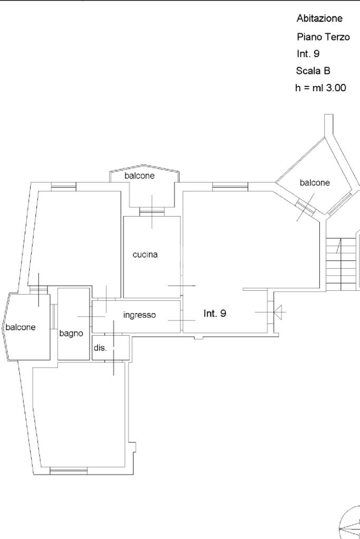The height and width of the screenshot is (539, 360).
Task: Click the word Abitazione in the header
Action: point(319,18)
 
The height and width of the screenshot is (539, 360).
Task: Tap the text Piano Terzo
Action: point(323,37)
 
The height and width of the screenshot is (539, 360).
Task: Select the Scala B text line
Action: point(313,71)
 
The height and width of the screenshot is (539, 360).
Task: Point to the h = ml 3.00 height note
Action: point(320,87)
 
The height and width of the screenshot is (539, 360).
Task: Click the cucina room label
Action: point(145,254)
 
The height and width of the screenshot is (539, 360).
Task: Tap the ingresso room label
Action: point(140,315)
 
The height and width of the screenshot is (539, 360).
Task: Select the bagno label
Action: point(71,333)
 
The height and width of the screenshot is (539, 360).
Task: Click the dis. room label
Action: point(100,348)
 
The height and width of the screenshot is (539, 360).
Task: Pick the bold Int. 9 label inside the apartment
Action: point(215,313)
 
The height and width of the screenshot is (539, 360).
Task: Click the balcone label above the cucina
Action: point(140,175)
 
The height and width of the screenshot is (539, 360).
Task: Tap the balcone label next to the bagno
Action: point(21,327)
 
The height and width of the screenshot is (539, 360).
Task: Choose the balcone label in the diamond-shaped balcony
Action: point(315,182)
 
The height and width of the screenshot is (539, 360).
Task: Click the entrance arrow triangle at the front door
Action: point(279,312)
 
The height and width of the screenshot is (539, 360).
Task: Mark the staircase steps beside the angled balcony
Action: point(340,264)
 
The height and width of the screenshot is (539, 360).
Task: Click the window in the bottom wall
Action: point(69,471)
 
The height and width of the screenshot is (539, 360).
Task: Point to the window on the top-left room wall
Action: point(64,187)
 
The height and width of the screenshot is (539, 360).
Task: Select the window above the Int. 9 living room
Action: point(230,187)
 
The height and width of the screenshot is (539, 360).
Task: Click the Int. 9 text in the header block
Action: point(308,54)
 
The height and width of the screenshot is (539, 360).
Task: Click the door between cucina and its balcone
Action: point(152,212)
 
